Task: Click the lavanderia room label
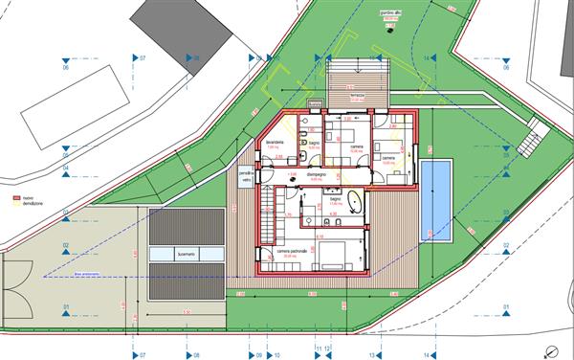[x=275, y=142]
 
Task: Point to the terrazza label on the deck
[x=356, y=98]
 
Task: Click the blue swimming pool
[x=436, y=200]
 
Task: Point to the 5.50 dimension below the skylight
[x=188, y=312]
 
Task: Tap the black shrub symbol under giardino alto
[x=388, y=27]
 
